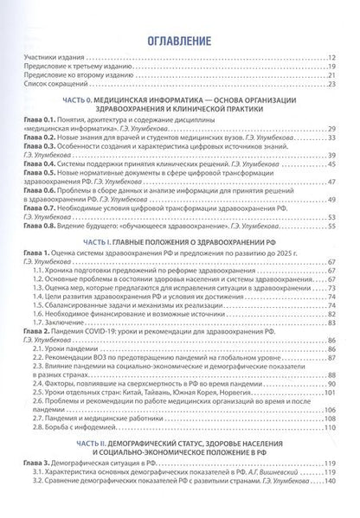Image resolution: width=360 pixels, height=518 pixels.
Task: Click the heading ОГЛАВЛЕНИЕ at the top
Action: point(180,41)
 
